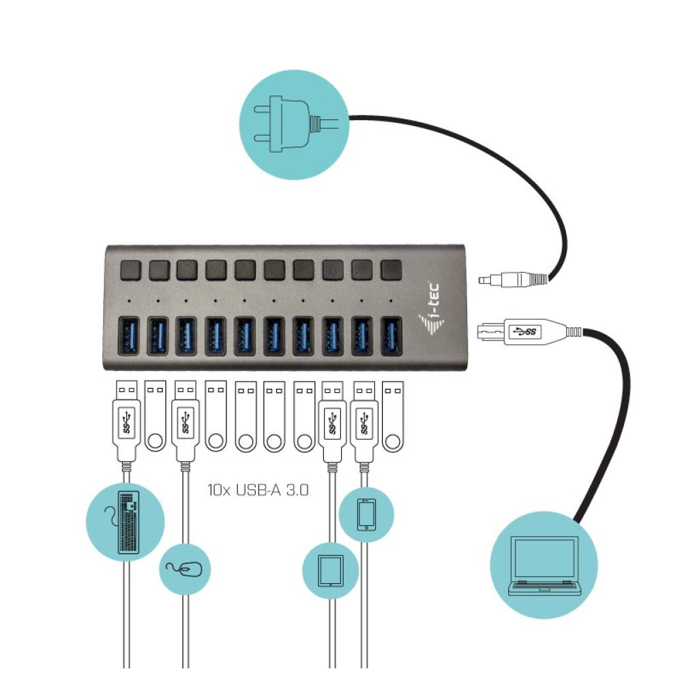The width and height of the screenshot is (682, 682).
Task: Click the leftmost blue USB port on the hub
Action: coord(128,338)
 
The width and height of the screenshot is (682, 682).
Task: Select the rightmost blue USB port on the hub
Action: coord(391,338)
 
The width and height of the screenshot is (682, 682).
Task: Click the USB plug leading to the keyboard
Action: coord(126,423)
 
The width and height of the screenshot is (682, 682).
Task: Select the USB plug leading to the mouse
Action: coord(185,423)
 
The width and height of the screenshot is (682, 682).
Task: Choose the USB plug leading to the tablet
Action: coord(332,423)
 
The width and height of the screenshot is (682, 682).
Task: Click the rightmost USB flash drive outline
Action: coord(392,417)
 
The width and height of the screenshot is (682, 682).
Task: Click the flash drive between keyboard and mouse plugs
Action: coord(155,417)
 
